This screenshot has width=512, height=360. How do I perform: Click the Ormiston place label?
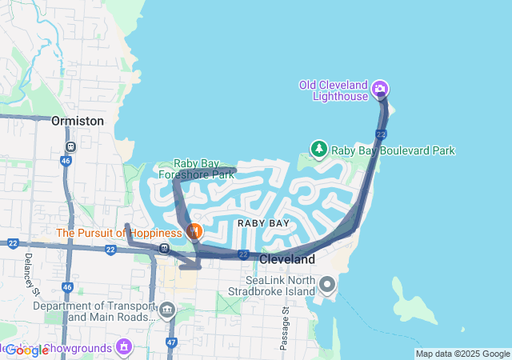tap(77, 121)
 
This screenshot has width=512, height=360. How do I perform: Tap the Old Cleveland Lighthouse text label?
tap(334, 90)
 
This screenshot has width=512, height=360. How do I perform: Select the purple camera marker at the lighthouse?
tap(380, 88)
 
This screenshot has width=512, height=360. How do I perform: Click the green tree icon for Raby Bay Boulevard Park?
tap(319, 149)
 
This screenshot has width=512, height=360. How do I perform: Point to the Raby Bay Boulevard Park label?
tap(393, 150)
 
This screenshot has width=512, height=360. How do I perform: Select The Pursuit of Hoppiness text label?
tap(119, 233)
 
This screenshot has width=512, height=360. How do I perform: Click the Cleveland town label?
tap(287, 260)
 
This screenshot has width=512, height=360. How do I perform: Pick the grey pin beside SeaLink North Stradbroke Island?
tap(327, 285)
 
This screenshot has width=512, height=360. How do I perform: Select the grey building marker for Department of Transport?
tap(167, 310)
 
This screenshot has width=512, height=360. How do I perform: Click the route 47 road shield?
tap(171, 342)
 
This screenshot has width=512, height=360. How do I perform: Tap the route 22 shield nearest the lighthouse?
tap(381, 134)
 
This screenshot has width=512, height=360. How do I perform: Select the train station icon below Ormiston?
tap(70, 147)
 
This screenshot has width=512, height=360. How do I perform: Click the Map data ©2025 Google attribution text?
tap(462, 354)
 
